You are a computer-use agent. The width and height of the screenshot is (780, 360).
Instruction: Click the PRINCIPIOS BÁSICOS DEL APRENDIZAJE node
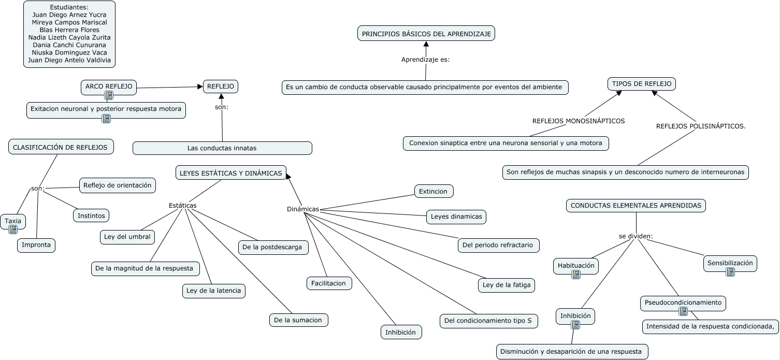point(426,34)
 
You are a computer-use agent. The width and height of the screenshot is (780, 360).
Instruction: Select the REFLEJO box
point(221,87)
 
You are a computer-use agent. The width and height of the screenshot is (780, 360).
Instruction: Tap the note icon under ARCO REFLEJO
point(109,95)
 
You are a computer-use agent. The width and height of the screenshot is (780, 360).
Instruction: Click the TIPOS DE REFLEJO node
point(641,83)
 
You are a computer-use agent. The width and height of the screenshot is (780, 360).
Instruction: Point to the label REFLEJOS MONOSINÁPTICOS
point(579,121)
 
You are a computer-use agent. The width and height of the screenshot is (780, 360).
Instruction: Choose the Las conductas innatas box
point(222,148)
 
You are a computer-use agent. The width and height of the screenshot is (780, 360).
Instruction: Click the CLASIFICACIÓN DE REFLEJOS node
point(61,147)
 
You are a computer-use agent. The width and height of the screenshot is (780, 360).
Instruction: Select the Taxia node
point(13,221)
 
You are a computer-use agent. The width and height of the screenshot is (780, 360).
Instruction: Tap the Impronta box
point(36,245)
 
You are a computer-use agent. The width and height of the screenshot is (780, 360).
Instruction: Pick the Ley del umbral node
point(127,237)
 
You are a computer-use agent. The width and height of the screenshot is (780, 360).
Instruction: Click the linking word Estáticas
point(182,206)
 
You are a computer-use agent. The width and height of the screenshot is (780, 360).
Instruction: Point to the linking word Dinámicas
point(303,209)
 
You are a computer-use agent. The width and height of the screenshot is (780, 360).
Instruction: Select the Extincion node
point(434,191)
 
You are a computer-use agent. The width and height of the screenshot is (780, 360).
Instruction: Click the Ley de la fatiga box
point(507,285)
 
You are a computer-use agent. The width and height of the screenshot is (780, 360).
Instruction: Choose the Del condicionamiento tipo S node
point(489,321)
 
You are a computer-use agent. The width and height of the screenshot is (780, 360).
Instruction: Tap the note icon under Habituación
point(576,275)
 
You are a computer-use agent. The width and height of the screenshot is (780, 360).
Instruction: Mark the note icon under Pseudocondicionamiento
point(683,311)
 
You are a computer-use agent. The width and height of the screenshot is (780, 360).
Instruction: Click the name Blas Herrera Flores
point(69,30)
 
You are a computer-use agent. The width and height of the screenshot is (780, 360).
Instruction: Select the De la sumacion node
point(298,320)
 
